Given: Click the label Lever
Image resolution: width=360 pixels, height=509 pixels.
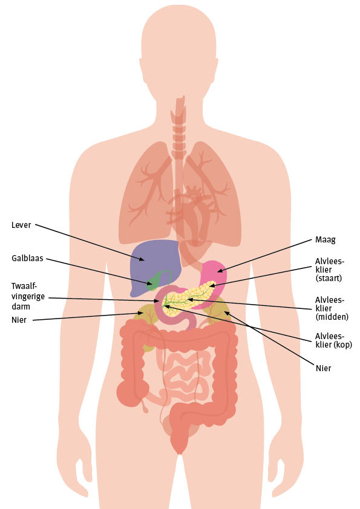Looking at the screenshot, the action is [x=21, y=225].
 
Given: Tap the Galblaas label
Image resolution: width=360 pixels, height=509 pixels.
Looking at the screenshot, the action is [x=27, y=258].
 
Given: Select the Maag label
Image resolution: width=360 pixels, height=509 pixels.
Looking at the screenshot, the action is [x=326, y=240].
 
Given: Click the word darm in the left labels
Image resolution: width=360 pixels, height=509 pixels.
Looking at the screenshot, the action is [x=21, y=306].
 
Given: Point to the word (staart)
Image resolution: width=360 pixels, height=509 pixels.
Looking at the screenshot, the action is [x=329, y=278].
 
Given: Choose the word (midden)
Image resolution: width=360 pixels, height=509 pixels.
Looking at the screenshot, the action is [x=332, y=317].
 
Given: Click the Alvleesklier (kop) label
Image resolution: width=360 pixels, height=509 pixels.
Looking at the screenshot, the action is [x=333, y=340].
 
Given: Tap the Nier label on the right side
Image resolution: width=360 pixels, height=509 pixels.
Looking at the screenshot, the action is [x=323, y=368].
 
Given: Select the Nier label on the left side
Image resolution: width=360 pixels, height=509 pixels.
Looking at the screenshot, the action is [x=19, y=320].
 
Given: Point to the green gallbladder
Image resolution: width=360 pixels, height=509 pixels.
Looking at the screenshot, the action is [x=154, y=282].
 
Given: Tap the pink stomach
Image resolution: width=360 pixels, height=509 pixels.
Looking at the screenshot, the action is [x=214, y=275].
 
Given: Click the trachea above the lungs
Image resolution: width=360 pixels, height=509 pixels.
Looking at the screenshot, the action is [x=179, y=130].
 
